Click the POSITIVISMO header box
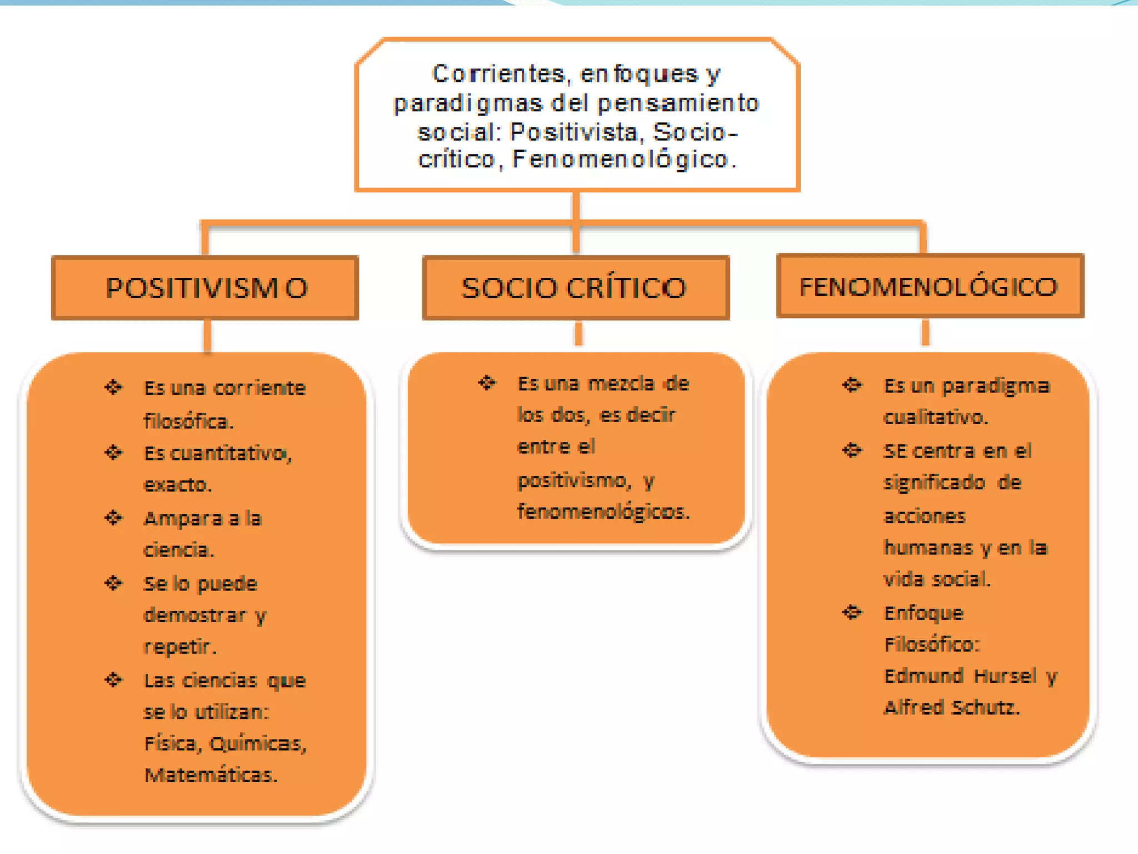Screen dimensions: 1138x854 pyautogui.click(x=205, y=287)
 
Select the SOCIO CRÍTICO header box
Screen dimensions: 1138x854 pyautogui.click(x=576, y=287)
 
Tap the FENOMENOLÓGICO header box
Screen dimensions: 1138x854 pyautogui.click(x=930, y=286)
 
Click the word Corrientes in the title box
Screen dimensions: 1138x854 pyautogui.click(x=498, y=74)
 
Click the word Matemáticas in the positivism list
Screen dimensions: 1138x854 pyautogui.click(x=211, y=774)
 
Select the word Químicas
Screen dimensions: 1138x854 pyautogui.click(x=258, y=743)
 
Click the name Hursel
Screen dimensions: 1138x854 pyautogui.click(x=1005, y=676)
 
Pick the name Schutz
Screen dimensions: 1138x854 pyautogui.click(x=985, y=707)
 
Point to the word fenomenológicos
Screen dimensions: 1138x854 pyautogui.click(x=603, y=511)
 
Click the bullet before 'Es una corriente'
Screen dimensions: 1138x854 pyautogui.click(x=113, y=387)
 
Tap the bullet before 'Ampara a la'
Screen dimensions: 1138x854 pyautogui.click(x=113, y=518)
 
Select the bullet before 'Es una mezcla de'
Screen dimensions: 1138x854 pyautogui.click(x=487, y=383)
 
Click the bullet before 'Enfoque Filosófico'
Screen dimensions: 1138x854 pyautogui.click(x=851, y=612)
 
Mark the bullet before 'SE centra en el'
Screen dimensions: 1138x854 pyautogui.click(x=851, y=450)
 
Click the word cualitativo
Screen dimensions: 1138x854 pyautogui.click(x=936, y=417)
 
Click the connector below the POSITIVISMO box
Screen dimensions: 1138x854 pyautogui.click(x=207, y=335)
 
